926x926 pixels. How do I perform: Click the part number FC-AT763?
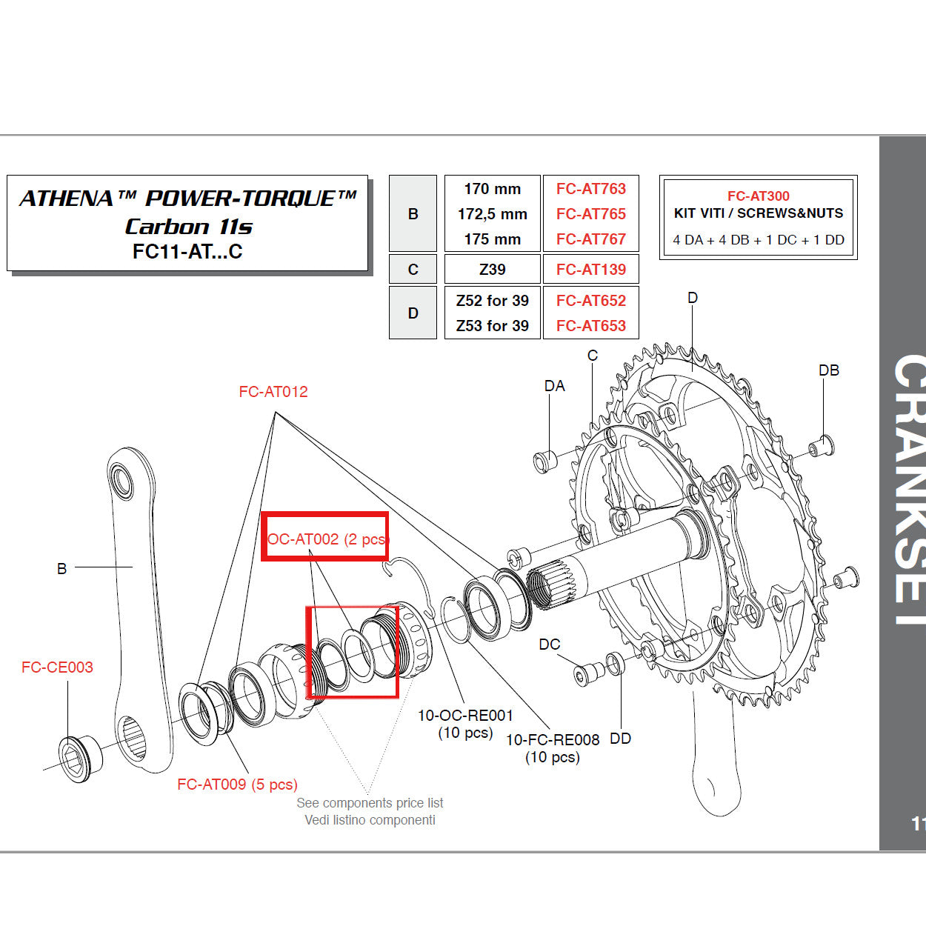point(590,189)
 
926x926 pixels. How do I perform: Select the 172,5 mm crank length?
point(492,214)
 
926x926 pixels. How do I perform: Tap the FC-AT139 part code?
point(590,270)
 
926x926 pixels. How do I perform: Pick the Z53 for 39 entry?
point(492,326)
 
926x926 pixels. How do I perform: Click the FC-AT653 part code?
point(590,326)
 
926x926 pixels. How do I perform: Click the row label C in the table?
point(413,270)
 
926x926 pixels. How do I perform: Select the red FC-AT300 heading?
point(758,196)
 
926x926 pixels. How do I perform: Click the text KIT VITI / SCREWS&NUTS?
point(758,213)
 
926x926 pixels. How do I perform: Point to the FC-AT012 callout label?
point(273,392)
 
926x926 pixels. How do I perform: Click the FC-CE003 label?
point(57,667)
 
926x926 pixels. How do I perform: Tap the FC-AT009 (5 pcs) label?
point(237,785)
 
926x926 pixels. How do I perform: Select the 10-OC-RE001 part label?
point(465,716)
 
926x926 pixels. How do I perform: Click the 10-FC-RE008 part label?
point(552,740)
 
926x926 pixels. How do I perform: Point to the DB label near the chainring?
point(828,370)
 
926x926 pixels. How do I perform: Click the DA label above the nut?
point(554,386)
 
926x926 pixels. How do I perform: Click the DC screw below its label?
point(587,673)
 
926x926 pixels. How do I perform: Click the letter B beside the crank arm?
point(61,569)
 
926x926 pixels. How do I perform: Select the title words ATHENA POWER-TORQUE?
point(187,199)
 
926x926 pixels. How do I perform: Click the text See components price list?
point(370,803)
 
